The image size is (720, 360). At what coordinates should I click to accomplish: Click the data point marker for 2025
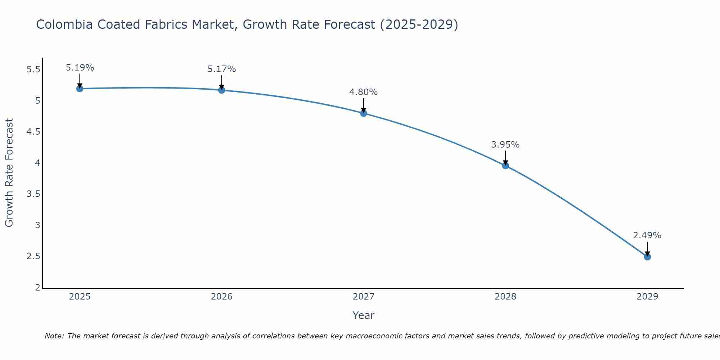click(80, 89)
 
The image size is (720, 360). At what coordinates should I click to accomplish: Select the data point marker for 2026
click(222, 90)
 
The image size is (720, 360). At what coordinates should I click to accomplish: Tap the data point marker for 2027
click(364, 113)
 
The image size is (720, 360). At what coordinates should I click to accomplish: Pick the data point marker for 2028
click(505, 166)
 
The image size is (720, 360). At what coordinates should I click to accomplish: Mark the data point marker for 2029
click(647, 257)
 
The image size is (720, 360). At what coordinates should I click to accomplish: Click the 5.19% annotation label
click(80, 68)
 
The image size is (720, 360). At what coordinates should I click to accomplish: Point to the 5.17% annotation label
click(222, 69)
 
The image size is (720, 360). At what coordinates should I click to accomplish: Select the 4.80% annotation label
click(364, 92)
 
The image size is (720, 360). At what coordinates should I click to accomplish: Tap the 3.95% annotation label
click(505, 145)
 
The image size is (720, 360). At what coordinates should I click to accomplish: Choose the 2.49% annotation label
click(647, 235)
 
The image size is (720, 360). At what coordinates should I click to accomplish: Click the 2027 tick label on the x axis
click(364, 297)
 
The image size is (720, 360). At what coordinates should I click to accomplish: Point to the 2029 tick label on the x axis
click(647, 297)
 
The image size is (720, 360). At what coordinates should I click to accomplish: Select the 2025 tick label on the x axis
click(80, 297)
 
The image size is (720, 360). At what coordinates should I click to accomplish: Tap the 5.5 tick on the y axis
click(33, 69)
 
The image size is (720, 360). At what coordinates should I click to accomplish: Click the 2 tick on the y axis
click(38, 288)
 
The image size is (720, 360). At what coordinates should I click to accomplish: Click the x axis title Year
click(364, 315)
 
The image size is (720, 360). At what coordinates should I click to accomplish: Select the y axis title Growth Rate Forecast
click(9, 173)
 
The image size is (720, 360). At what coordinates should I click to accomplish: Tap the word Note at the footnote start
click(54, 336)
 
